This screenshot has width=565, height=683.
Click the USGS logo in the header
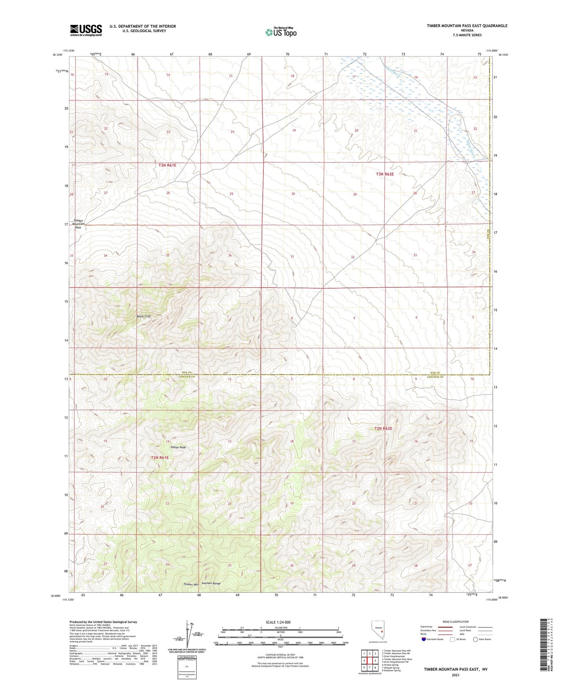click(x=86, y=30)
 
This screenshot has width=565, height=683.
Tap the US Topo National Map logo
click(x=281, y=32)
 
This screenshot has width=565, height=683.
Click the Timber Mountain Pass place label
click(x=79, y=224)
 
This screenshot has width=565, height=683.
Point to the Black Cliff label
click(x=143, y=316)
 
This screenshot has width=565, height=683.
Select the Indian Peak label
click(x=178, y=447)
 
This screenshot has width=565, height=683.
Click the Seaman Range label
click(x=211, y=583)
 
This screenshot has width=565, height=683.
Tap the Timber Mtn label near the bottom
click(x=191, y=584)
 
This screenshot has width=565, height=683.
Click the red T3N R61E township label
click(x=167, y=165)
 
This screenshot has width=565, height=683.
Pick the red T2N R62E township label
click(x=383, y=428)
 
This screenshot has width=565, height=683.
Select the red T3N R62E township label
click(x=385, y=174)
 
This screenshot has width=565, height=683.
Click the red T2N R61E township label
click(x=160, y=457)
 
